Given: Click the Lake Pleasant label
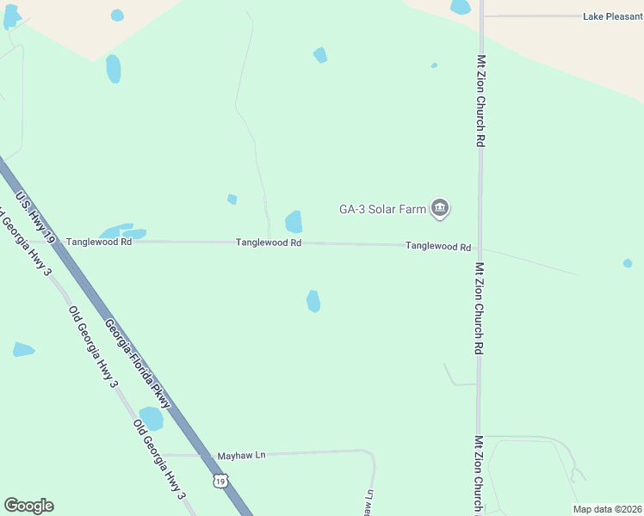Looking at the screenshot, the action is tap(612, 16).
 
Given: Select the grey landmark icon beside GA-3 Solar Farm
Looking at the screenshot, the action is tap(441, 208).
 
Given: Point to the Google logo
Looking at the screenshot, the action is tap(28, 506).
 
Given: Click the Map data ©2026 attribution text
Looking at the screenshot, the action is tap(607, 509).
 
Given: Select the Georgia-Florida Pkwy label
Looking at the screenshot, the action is tap(138, 363).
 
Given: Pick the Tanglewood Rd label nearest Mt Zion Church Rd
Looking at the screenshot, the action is tap(438, 246).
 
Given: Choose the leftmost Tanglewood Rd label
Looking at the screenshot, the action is tap(99, 243).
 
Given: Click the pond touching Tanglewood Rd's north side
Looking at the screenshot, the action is tap(294, 222).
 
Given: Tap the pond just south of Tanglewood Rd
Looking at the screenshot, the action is tap(313, 301).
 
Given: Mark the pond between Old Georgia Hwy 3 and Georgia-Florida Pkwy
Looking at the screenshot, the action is tap(152, 419).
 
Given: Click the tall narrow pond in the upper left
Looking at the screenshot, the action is tap(114, 69).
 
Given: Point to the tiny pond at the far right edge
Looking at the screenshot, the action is tap(628, 263).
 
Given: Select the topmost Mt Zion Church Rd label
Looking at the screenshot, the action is tap(480, 101).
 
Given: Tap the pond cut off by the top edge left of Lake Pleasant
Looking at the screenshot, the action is tap(461, 7).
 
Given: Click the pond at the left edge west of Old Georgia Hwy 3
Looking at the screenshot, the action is tap(23, 349).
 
